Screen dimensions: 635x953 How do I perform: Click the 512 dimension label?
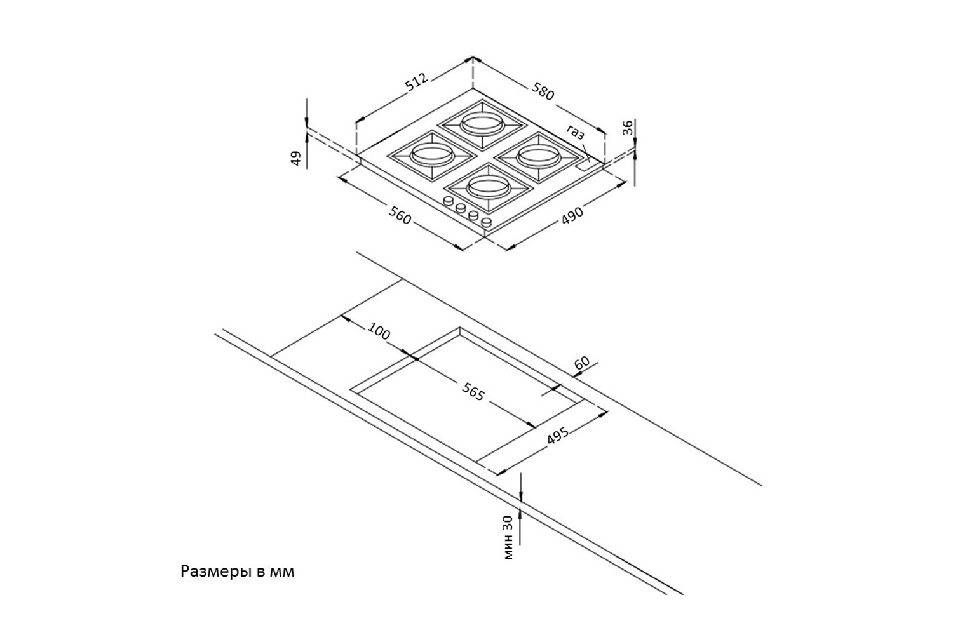pos(417,83)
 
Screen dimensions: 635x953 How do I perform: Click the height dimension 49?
pos(295,158)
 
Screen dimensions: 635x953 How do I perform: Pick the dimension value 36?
pos(628,129)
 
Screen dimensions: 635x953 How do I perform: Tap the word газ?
pos(576,133)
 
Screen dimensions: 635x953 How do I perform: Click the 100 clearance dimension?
pos(379,331)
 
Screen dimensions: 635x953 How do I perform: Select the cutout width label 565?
pos(473,394)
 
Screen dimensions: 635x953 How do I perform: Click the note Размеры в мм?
pos(238,571)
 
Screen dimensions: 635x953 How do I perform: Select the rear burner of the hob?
pos(481,123)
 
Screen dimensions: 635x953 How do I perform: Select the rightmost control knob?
pos(487,223)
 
